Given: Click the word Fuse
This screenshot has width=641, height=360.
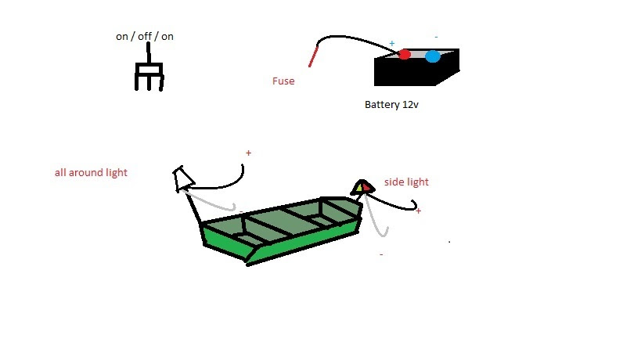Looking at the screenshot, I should click(x=283, y=81).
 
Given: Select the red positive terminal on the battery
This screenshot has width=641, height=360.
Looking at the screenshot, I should click(x=404, y=54).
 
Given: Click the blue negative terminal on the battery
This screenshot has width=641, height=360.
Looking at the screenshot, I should click(x=432, y=56).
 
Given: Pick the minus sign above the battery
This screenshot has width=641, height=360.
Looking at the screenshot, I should click(x=436, y=37).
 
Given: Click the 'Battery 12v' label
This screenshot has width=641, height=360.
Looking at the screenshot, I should click(x=392, y=104).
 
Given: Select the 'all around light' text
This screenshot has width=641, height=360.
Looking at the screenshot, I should click(x=91, y=172).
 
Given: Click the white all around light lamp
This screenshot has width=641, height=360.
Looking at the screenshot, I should click(x=183, y=179).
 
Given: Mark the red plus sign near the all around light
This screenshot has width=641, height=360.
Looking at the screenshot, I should click(x=248, y=153).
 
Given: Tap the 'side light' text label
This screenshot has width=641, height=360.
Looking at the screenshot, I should click(x=406, y=182).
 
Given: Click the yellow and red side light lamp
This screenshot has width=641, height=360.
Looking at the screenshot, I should click(x=362, y=186).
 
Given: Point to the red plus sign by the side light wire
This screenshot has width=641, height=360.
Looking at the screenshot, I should click(x=418, y=211).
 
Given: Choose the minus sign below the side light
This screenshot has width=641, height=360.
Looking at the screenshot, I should click(x=381, y=254).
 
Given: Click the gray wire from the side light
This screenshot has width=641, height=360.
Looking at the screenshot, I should click(x=374, y=220).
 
